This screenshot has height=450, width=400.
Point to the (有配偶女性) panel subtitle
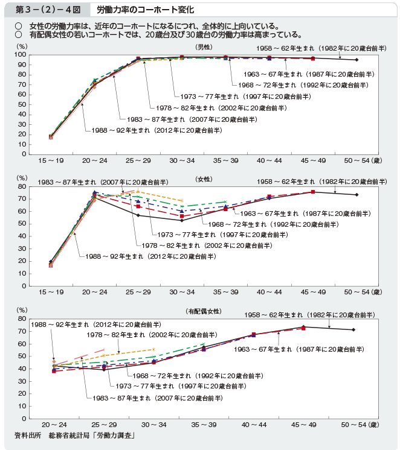point(204,311)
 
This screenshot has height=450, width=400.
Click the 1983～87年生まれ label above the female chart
point(102,182)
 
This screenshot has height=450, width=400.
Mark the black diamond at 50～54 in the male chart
point(356,60)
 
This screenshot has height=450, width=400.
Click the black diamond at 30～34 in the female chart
point(182,220)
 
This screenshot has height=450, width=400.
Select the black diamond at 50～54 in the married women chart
point(353,329)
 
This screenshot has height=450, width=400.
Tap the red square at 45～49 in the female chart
point(312,192)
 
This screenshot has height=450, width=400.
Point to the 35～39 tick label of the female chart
point(225,292)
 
